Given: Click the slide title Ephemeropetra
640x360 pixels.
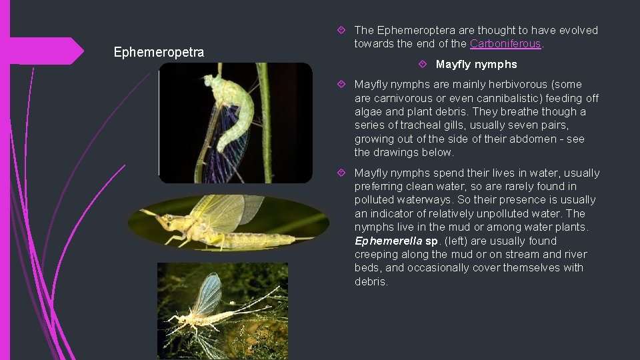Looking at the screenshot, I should pos(159,52).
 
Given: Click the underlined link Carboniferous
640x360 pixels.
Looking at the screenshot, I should pos(505,44).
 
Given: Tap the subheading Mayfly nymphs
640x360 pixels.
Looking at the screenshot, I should pos(476,65).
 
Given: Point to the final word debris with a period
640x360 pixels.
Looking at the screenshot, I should pos(371,281).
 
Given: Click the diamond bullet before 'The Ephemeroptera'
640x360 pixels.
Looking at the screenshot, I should pos(341,30).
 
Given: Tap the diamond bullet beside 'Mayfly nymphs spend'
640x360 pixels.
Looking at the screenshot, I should pos(341,173).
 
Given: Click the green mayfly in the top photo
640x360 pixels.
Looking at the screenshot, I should pos(230,113).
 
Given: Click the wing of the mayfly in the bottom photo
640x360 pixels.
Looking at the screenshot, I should pos(209,293).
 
